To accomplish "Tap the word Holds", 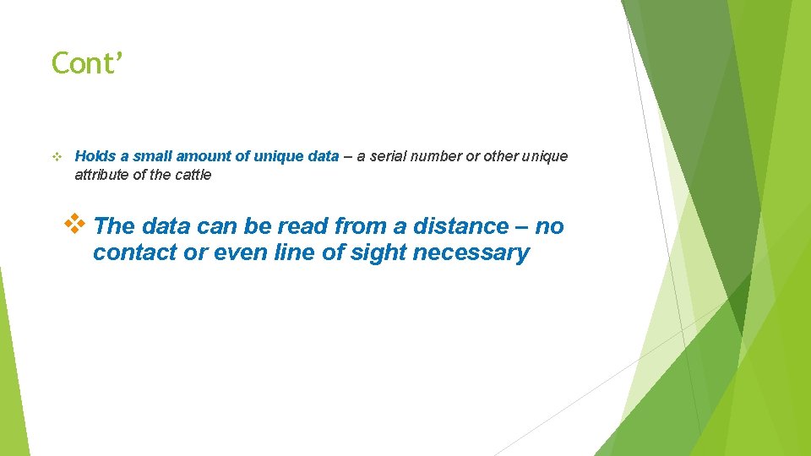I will [93, 156].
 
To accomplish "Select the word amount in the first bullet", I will [201, 156].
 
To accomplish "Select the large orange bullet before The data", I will [76, 225].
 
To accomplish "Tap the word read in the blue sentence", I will [302, 226].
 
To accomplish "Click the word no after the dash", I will [549, 226].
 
